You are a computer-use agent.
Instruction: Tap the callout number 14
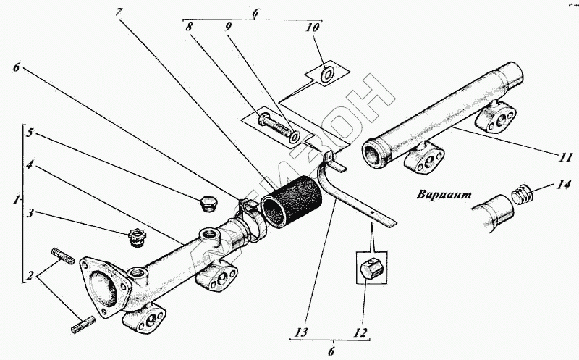(x=564, y=185)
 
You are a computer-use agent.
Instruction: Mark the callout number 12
(x=358, y=334)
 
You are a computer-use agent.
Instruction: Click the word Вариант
(x=444, y=195)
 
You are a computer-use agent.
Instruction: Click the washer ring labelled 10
(x=327, y=74)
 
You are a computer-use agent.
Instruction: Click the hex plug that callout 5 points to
(x=206, y=203)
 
